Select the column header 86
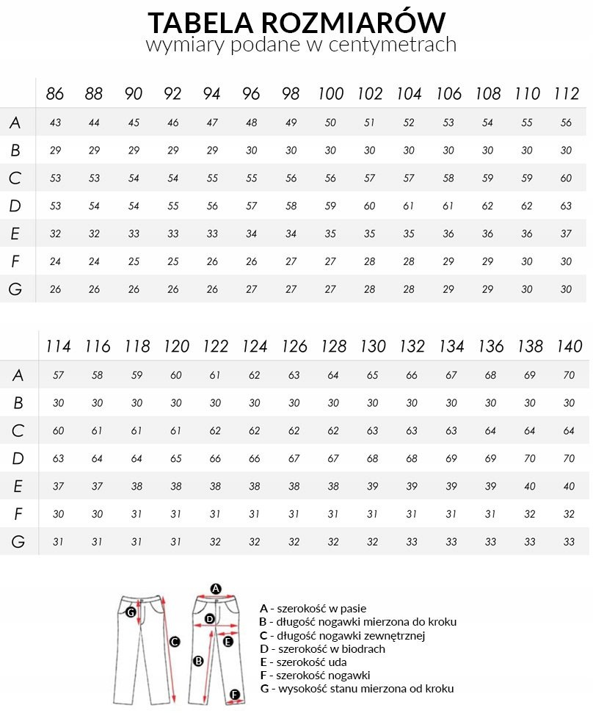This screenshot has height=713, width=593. (55, 94)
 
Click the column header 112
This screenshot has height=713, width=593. (566, 94)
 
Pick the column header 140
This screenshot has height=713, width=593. (569, 347)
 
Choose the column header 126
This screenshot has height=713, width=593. (294, 347)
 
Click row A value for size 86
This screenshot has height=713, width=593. (55, 123)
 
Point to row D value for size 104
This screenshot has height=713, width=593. (409, 206)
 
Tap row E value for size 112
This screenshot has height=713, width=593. (566, 234)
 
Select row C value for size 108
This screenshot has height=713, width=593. (487, 178)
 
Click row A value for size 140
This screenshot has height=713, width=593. (569, 375)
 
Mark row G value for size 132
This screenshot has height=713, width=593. (412, 542)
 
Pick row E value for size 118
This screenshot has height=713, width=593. (137, 486)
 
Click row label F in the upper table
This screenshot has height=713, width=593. (15, 261)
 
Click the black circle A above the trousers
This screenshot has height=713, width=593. (216, 588)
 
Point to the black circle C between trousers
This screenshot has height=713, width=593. (175, 642)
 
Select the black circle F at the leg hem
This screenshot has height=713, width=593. (235, 694)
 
